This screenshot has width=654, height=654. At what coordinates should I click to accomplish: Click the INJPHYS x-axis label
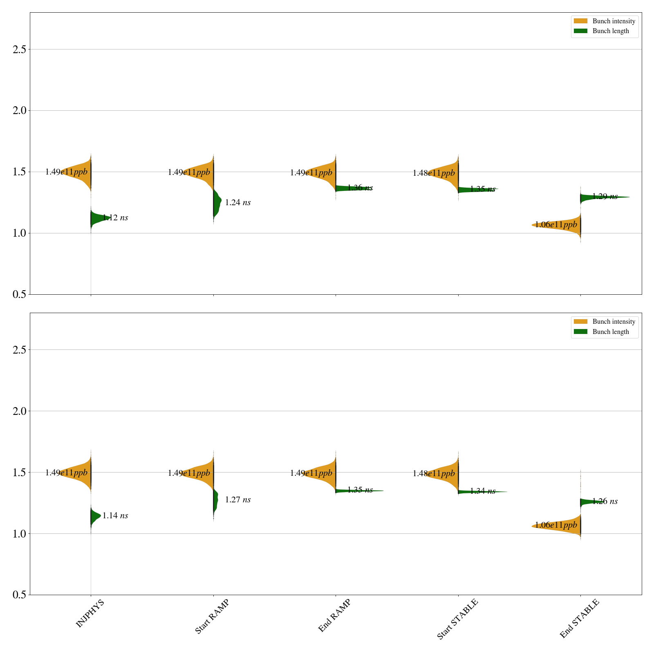pos(90,613)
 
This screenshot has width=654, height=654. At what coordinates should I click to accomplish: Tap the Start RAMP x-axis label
pos(212,616)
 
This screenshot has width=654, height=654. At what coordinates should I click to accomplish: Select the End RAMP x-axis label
pos(334,616)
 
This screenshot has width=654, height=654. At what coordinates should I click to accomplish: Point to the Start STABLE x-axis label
pos(457,619)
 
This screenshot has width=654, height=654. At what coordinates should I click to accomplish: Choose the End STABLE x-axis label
pos(579,618)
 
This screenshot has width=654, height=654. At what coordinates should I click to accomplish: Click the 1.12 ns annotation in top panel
pos(115,218)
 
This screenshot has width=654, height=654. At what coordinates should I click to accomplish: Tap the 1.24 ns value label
pos(238,203)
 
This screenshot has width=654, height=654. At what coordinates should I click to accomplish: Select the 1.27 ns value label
pos(238,500)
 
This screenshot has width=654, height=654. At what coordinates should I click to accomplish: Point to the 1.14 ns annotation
pos(115,516)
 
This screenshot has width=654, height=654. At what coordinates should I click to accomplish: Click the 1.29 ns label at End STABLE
pos(605,197)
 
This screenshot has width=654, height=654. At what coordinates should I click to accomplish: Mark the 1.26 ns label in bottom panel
pos(605,502)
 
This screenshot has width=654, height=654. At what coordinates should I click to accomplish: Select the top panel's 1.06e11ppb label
pos(556,224)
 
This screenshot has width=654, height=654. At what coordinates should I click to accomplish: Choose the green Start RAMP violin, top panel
pos(217,202)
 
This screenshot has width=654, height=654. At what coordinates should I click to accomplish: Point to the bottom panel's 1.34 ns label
pos(483,491)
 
